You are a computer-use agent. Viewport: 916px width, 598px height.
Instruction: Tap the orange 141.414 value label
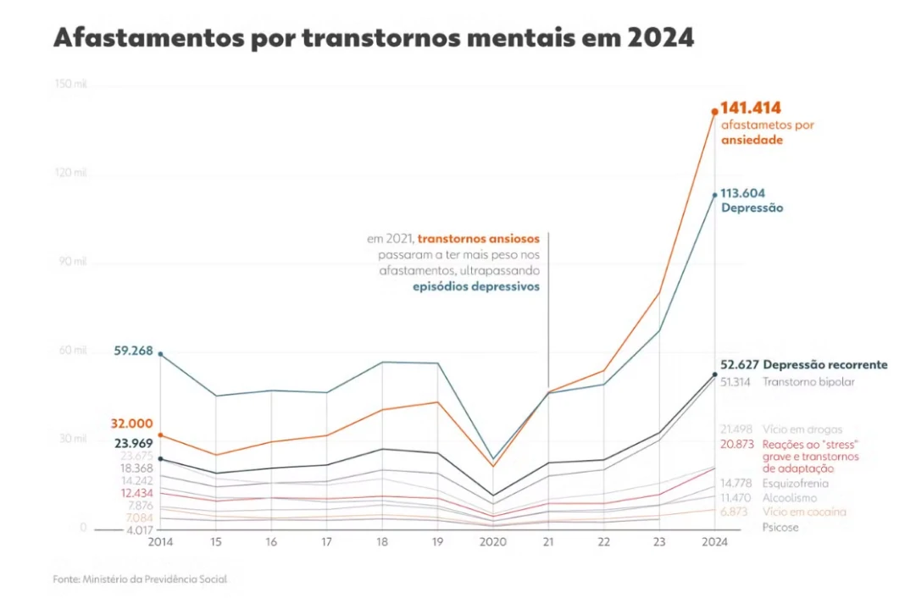coord(751,108)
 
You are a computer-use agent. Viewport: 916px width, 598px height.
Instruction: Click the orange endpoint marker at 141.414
coord(714,111)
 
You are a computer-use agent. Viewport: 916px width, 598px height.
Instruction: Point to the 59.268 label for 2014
coord(133,351)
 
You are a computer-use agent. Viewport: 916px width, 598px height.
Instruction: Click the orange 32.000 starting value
coord(131,424)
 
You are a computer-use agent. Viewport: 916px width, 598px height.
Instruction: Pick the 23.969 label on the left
coord(132,442)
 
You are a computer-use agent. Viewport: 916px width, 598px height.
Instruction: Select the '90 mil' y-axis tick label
coord(74,262)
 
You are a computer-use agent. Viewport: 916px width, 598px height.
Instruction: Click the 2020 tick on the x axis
coord(493,540)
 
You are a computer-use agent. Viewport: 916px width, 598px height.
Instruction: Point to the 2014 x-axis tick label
coord(161,540)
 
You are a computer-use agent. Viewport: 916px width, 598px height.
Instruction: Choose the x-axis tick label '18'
coord(382,540)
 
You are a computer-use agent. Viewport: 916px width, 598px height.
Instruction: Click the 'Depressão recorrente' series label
coord(825,365)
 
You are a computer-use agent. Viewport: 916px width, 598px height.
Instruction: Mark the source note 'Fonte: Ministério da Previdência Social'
coord(141,579)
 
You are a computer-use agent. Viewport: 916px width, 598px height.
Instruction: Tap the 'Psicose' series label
coord(780,527)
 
